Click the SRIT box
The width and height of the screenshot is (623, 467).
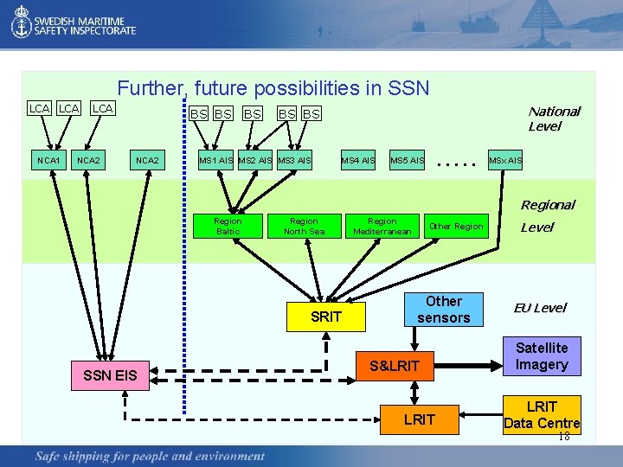pyautogui.click(x=326, y=317)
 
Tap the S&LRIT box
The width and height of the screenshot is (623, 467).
pyautogui.click(x=395, y=366)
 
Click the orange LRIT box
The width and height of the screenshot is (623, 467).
pyautogui.click(x=419, y=419)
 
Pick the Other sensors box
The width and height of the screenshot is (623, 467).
pyautogui.click(x=443, y=310)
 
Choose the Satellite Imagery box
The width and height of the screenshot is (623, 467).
pyautogui.click(x=542, y=356)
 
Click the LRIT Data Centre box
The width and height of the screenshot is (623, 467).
pyautogui.click(x=542, y=415)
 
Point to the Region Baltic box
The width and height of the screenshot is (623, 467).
pyautogui.click(x=228, y=227)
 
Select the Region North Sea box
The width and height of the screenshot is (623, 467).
pyautogui.click(x=304, y=227)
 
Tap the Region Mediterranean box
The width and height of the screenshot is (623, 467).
pyautogui.click(x=382, y=227)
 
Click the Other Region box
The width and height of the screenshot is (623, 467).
pyautogui.click(x=456, y=227)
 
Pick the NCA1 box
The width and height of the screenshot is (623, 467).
pyautogui.click(x=48, y=160)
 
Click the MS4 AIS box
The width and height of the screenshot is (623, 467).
pyautogui.click(x=357, y=160)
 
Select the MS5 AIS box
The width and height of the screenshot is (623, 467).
pyautogui.click(x=407, y=160)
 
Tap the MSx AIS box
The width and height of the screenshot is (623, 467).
pyautogui.click(x=505, y=160)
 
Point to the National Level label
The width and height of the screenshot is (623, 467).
pyautogui.click(x=554, y=118)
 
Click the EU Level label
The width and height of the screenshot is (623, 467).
pyautogui.click(x=540, y=308)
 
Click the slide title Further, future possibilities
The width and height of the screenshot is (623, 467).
pyautogui.click(x=273, y=88)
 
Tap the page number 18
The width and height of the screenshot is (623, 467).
pyautogui.click(x=564, y=437)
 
